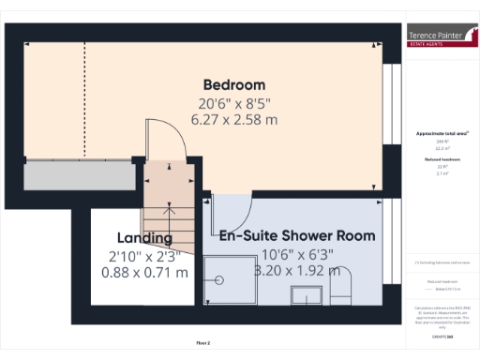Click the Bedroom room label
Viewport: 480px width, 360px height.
click(x=234, y=84)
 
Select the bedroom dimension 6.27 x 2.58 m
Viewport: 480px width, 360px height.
click(x=234, y=120)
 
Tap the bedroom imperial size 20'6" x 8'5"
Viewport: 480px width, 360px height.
click(x=234, y=103)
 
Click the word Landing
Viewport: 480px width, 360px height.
click(x=144, y=237)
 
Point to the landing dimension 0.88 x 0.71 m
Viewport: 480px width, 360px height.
click(x=144, y=273)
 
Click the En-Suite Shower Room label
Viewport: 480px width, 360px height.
click(x=297, y=235)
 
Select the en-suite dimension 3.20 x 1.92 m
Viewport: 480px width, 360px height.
click(x=297, y=271)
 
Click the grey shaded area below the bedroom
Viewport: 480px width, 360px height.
click(x=80, y=175)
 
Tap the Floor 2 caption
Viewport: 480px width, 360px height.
click(x=203, y=343)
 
